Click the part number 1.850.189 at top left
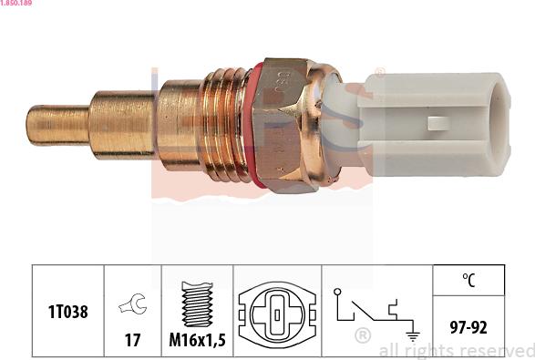click(17, 5)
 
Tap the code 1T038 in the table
click(68, 312)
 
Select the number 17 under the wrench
click(133, 340)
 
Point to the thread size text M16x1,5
click(197, 340)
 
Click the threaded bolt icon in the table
click(197, 303)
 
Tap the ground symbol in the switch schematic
click(411, 334)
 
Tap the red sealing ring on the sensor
click(258, 126)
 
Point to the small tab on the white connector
click(437, 123)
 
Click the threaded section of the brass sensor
click(222, 125)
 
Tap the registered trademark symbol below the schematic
click(362, 335)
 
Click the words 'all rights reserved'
click(456, 351)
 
